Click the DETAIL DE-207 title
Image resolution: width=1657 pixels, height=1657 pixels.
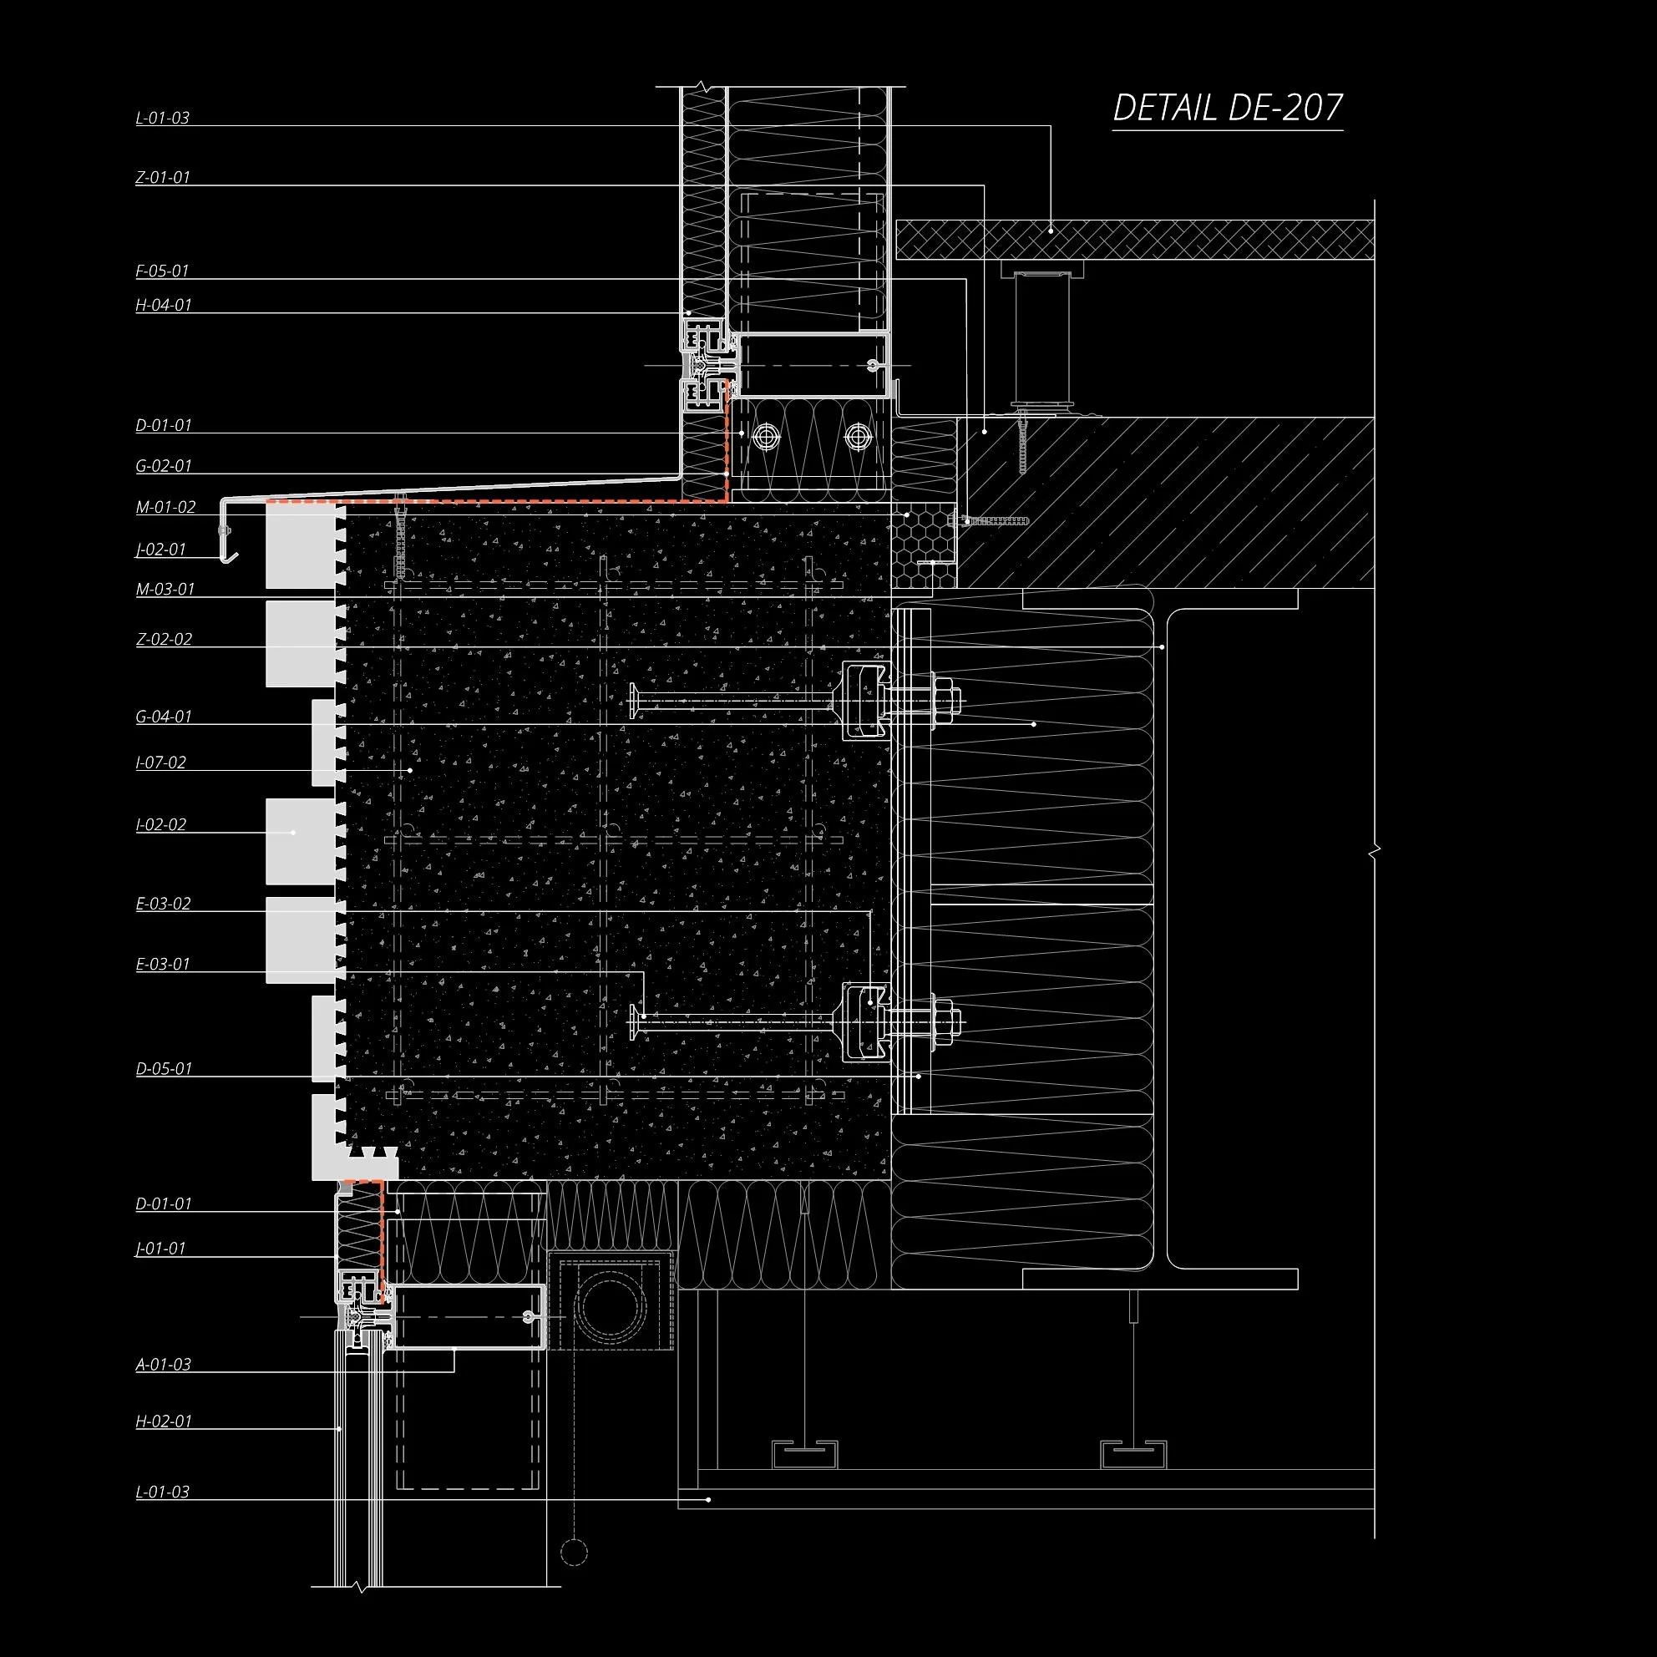(1228, 108)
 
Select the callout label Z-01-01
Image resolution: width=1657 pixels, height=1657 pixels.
(163, 178)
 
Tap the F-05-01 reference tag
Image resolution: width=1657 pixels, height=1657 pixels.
(162, 271)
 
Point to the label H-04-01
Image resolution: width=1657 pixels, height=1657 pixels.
(164, 305)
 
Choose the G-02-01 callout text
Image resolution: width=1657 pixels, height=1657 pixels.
(164, 466)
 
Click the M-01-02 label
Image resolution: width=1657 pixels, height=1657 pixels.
(165, 507)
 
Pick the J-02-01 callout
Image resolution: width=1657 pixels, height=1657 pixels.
(161, 549)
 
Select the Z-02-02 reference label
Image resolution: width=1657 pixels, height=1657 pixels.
(164, 639)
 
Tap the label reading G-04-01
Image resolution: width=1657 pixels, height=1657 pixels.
(164, 716)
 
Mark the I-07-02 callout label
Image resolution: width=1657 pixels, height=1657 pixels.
(161, 762)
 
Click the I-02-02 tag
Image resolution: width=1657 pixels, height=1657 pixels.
(161, 824)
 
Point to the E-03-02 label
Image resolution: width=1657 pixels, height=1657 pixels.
(163, 903)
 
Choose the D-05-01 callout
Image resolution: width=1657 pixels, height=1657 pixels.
(164, 1069)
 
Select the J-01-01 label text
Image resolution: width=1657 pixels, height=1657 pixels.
(161, 1248)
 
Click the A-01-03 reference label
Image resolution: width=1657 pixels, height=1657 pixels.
(164, 1364)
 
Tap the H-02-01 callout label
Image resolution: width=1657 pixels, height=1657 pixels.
(164, 1421)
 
